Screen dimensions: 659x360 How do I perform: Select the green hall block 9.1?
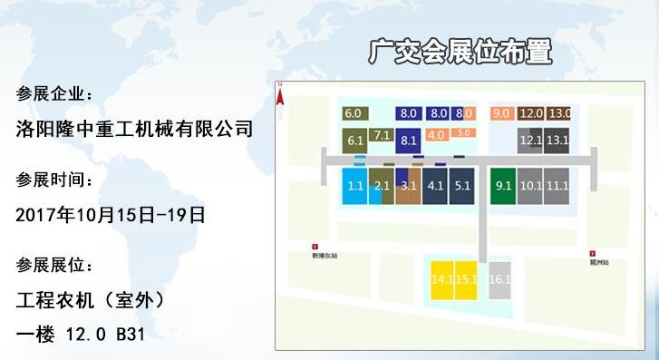[x=503, y=186]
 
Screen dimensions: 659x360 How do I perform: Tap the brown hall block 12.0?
[x=530, y=113]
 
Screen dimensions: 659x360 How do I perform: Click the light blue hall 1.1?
[x=355, y=186]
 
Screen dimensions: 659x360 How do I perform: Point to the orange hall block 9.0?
[x=501, y=113]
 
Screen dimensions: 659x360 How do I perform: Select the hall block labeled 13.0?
[x=558, y=113]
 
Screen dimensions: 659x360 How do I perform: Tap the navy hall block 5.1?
[x=462, y=186]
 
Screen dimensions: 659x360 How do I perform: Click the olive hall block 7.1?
[x=382, y=137]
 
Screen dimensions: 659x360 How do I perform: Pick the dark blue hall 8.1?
[x=408, y=140]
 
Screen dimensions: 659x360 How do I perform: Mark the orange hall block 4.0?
[x=436, y=135]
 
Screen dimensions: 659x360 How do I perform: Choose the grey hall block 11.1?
[x=557, y=186]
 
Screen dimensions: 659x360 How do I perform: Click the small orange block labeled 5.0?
[x=463, y=132]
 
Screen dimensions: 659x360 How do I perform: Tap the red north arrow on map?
[x=281, y=90]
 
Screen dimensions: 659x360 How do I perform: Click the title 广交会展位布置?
[x=460, y=52]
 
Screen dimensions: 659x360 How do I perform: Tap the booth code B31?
[x=127, y=335]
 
